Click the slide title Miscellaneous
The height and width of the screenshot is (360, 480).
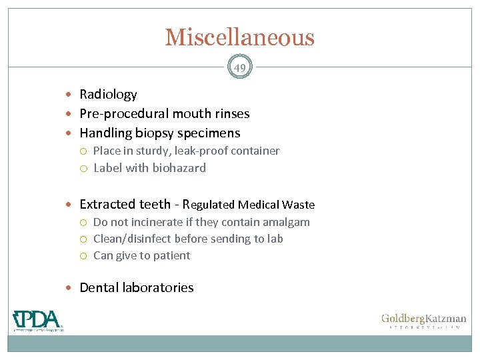click(x=239, y=37)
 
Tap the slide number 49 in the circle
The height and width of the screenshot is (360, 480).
click(x=240, y=67)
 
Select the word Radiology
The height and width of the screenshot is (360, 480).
click(x=108, y=95)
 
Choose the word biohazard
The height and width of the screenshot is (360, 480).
click(x=178, y=168)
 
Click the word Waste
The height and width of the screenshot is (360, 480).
click(x=298, y=205)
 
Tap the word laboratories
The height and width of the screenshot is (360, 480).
click(x=157, y=288)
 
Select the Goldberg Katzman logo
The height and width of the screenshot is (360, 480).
click(x=423, y=321)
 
